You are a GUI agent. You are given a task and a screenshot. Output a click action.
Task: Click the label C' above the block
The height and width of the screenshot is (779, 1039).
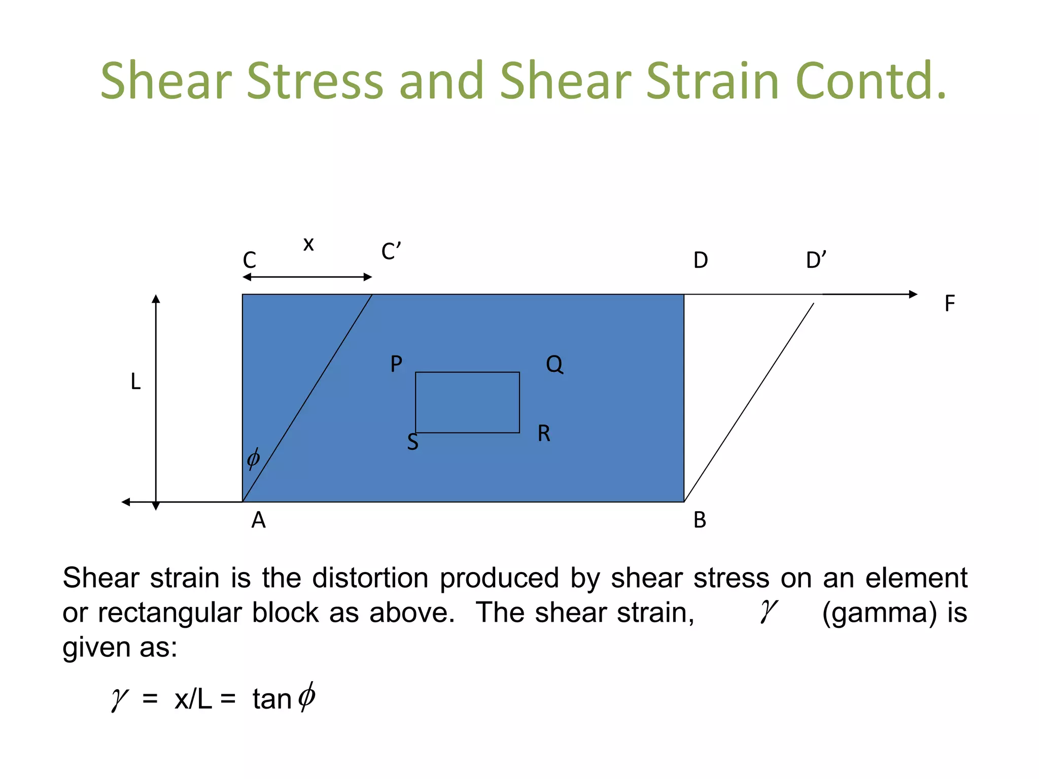pyautogui.click(x=391, y=252)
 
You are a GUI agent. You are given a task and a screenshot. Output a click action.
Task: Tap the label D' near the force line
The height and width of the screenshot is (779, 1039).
pyautogui.click(x=816, y=260)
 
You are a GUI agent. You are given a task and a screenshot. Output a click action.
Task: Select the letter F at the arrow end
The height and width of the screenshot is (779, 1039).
pyautogui.click(x=949, y=304)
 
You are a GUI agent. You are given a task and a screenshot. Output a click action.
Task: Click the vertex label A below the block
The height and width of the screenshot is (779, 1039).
pyautogui.click(x=258, y=520)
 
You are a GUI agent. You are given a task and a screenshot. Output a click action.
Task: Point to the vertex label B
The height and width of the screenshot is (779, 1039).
pyautogui.click(x=700, y=520)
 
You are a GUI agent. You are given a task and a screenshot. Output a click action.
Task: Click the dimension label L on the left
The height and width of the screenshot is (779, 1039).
pyautogui.click(x=135, y=381)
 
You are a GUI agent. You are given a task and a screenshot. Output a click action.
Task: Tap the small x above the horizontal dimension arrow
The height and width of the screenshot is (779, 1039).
pyautogui.click(x=308, y=244)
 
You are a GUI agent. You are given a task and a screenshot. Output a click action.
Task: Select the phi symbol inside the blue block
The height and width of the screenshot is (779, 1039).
pyautogui.click(x=253, y=458)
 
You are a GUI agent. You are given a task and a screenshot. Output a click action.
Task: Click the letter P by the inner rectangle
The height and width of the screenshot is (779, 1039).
pyautogui.click(x=396, y=364)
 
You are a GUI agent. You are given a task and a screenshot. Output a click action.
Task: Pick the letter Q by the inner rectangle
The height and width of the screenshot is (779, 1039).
pyautogui.click(x=554, y=364)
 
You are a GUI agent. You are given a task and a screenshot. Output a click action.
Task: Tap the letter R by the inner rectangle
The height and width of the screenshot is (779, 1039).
pyautogui.click(x=544, y=434)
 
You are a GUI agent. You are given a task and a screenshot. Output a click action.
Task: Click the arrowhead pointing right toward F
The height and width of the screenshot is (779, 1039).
pyautogui.click(x=913, y=294)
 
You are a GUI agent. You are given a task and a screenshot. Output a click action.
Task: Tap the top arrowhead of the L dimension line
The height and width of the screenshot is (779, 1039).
pyautogui.click(x=156, y=299)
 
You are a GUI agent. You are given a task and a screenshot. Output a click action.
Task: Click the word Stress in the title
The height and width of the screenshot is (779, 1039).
pyautogui.click(x=315, y=81)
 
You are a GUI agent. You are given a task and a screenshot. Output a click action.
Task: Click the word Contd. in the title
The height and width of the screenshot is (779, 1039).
pyautogui.click(x=871, y=81)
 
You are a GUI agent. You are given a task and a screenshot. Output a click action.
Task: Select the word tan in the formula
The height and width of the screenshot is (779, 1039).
pyautogui.click(x=271, y=699)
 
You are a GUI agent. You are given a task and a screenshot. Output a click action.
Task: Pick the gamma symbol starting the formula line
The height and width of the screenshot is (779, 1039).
pyautogui.click(x=120, y=699)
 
